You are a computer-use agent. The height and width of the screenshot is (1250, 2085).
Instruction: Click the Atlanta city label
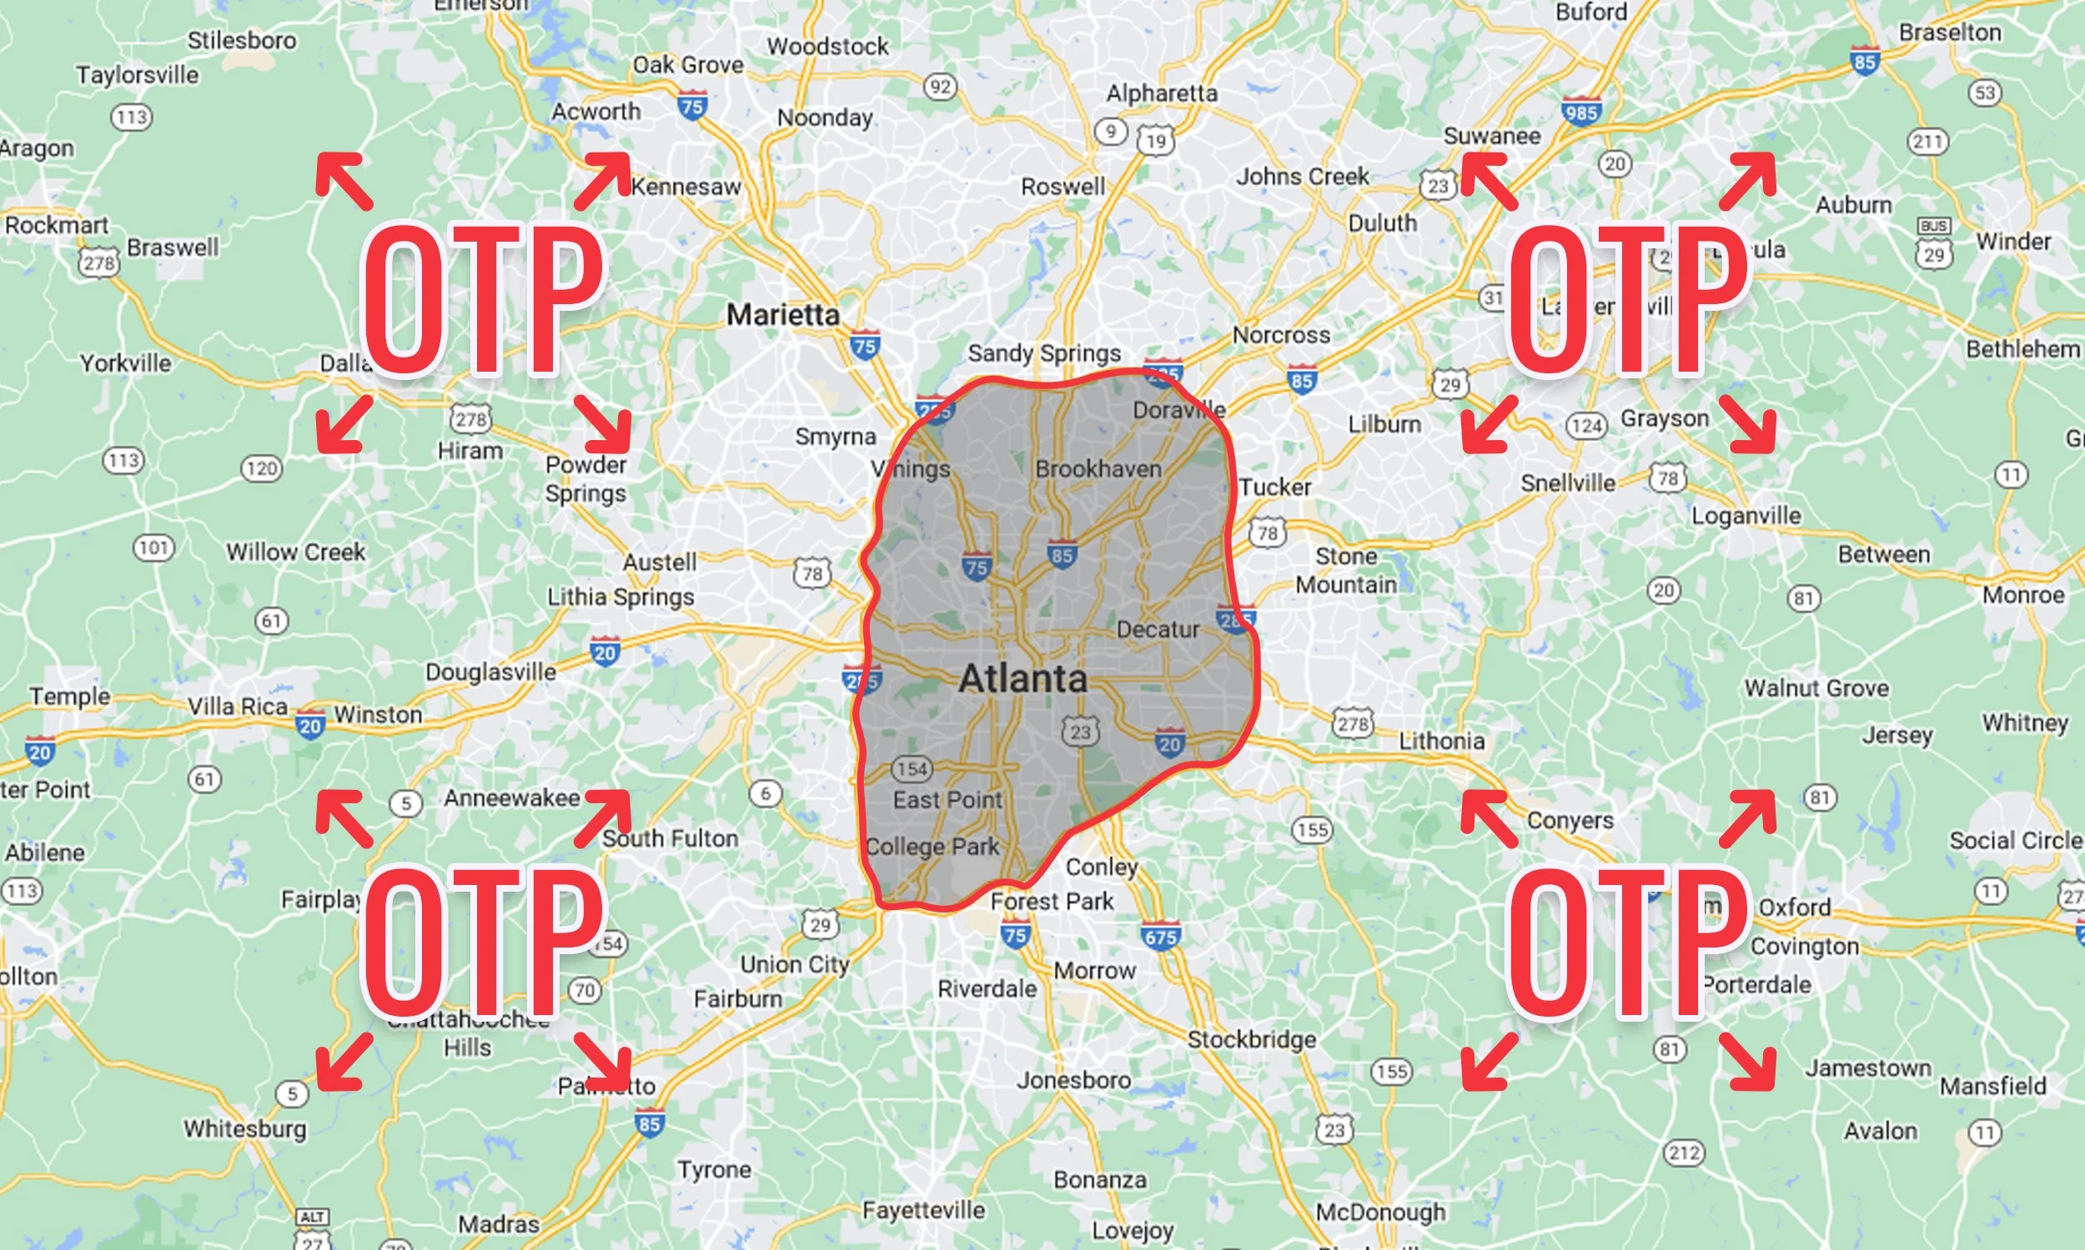pyautogui.click(x=1022, y=679)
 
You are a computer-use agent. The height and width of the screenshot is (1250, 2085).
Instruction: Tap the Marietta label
pyautogui.click(x=783, y=315)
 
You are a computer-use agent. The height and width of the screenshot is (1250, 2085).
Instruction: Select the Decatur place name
pyautogui.click(x=1157, y=629)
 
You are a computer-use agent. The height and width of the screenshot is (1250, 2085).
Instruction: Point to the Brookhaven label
pyautogui.click(x=1098, y=469)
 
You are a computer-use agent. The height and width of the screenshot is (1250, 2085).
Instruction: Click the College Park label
pyautogui.click(x=932, y=847)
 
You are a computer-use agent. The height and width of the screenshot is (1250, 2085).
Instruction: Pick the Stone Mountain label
pyautogui.click(x=1346, y=570)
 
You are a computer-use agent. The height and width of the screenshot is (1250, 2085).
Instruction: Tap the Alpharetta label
pyautogui.click(x=1161, y=93)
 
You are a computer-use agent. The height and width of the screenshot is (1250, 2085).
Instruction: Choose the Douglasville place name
pyautogui.click(x=490, y=672)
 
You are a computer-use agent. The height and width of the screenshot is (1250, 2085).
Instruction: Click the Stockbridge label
pyautogui.click(x=1252, y=1039)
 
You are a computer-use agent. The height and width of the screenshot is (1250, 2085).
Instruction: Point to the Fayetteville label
pyautogui.click(x=923, y=1210)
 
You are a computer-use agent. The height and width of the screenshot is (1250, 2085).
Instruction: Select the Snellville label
pyautogui.click(x=1568, y=482)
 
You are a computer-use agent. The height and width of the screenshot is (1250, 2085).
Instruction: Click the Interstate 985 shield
pyautogui.click(x=1580, y=111)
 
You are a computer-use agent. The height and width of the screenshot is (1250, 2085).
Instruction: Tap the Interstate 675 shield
pyautogui.click(x=1160, y=936)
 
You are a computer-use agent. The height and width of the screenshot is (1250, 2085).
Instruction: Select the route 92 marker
pyautogui.click(x=940, y=86)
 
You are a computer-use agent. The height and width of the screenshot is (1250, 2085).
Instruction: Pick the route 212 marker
pyautogui.click(x=1683, y=1152)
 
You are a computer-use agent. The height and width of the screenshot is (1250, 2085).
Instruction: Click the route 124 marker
pyautogui.click(x=1586, y=425)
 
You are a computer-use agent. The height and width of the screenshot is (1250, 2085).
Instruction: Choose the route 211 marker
pyautogui.click(x=1928, y=142)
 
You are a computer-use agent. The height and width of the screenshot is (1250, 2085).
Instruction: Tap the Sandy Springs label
pyautogui.click(x=1043, y=354)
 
